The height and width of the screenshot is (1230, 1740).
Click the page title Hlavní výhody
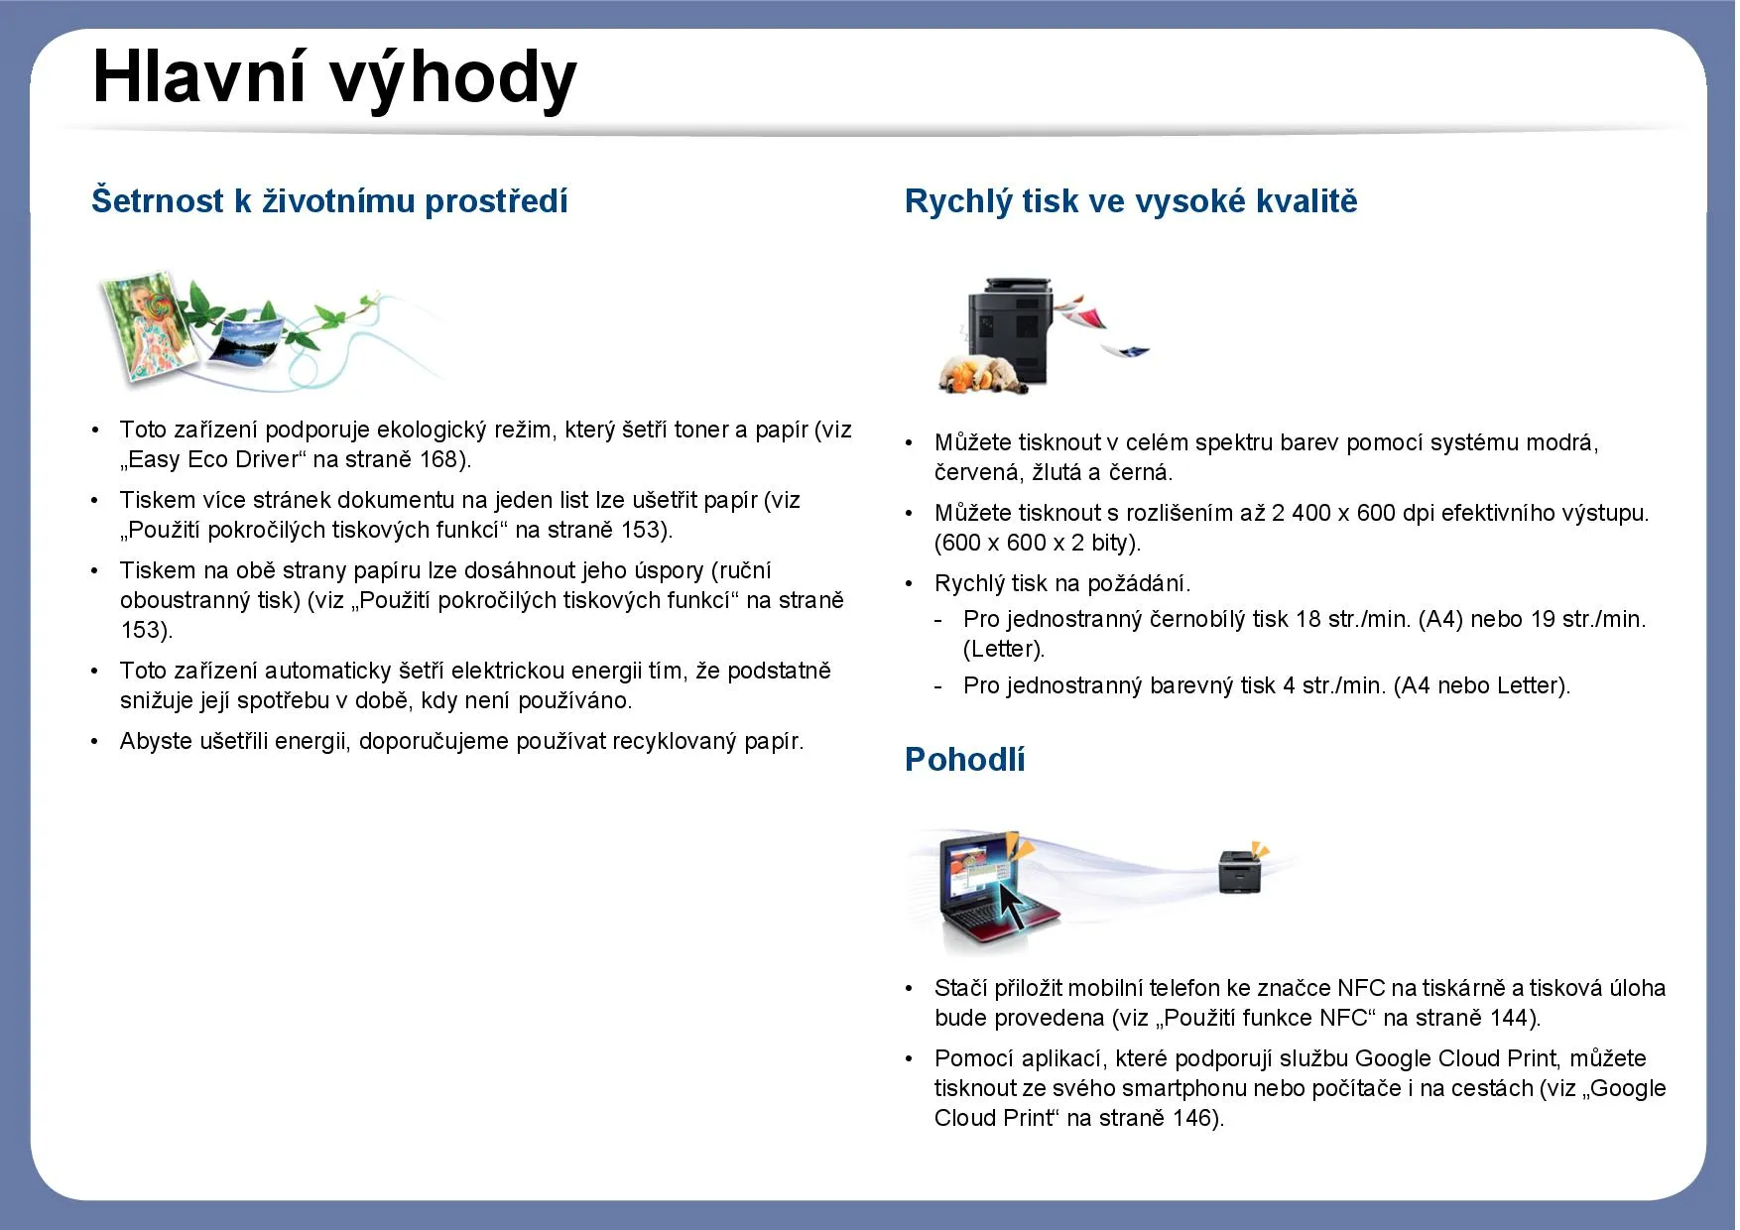(x=334, y=78)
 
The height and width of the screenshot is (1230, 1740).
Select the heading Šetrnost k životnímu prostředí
(x=329, y=200)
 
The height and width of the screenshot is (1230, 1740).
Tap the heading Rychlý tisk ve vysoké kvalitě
(x=1131, y=200)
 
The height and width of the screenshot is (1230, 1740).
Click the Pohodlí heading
(x=964, y=759)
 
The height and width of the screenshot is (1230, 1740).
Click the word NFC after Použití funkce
(x=1343, y=1018)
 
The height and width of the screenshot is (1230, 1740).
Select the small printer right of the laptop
(x=1240, y=870)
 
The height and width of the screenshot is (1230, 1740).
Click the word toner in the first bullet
(x=701, y=430)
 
